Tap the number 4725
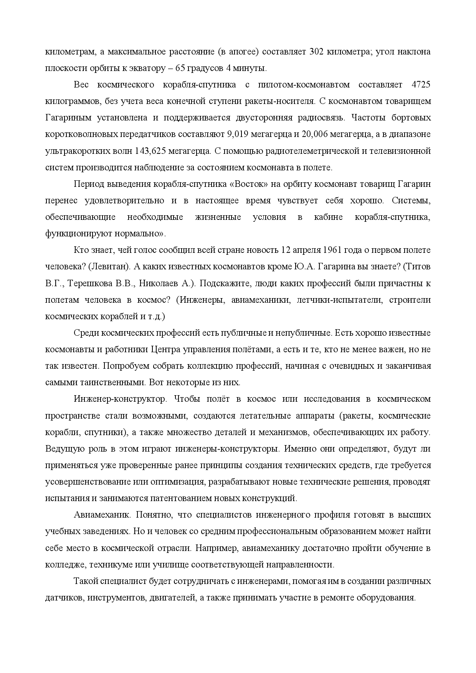tap(420, 85)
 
